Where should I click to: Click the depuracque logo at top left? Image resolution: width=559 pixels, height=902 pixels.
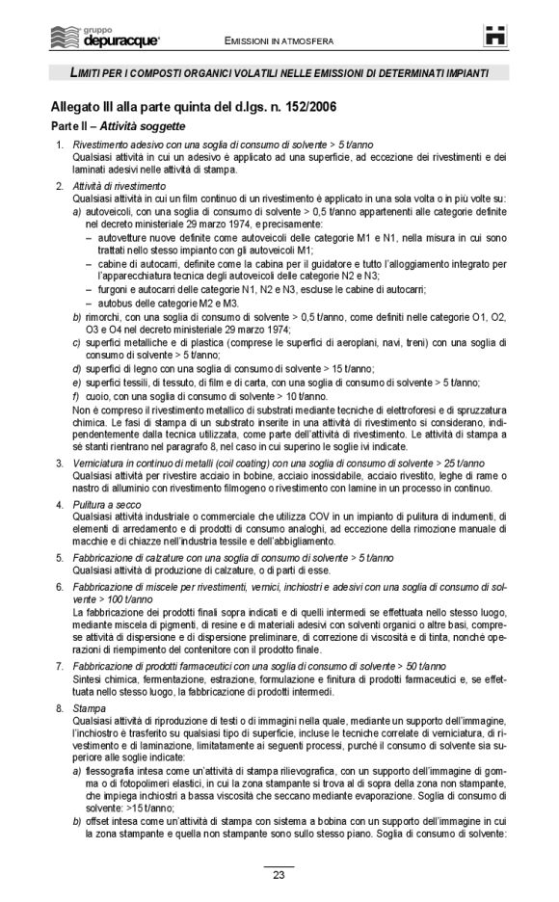(106, 39)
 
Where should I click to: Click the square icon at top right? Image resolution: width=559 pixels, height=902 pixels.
(495, 38)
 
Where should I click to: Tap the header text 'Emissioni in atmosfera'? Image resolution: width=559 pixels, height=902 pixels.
(279, 42)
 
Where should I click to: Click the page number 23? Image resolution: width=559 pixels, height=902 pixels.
(279, 875)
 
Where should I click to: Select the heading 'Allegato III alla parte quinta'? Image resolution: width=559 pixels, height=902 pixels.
(194, 105)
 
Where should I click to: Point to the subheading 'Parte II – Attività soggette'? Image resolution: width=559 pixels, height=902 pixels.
(118, 126)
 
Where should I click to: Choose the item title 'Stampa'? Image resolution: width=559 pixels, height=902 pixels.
(88, 708)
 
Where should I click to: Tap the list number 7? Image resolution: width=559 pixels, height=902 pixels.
(60, 667)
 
